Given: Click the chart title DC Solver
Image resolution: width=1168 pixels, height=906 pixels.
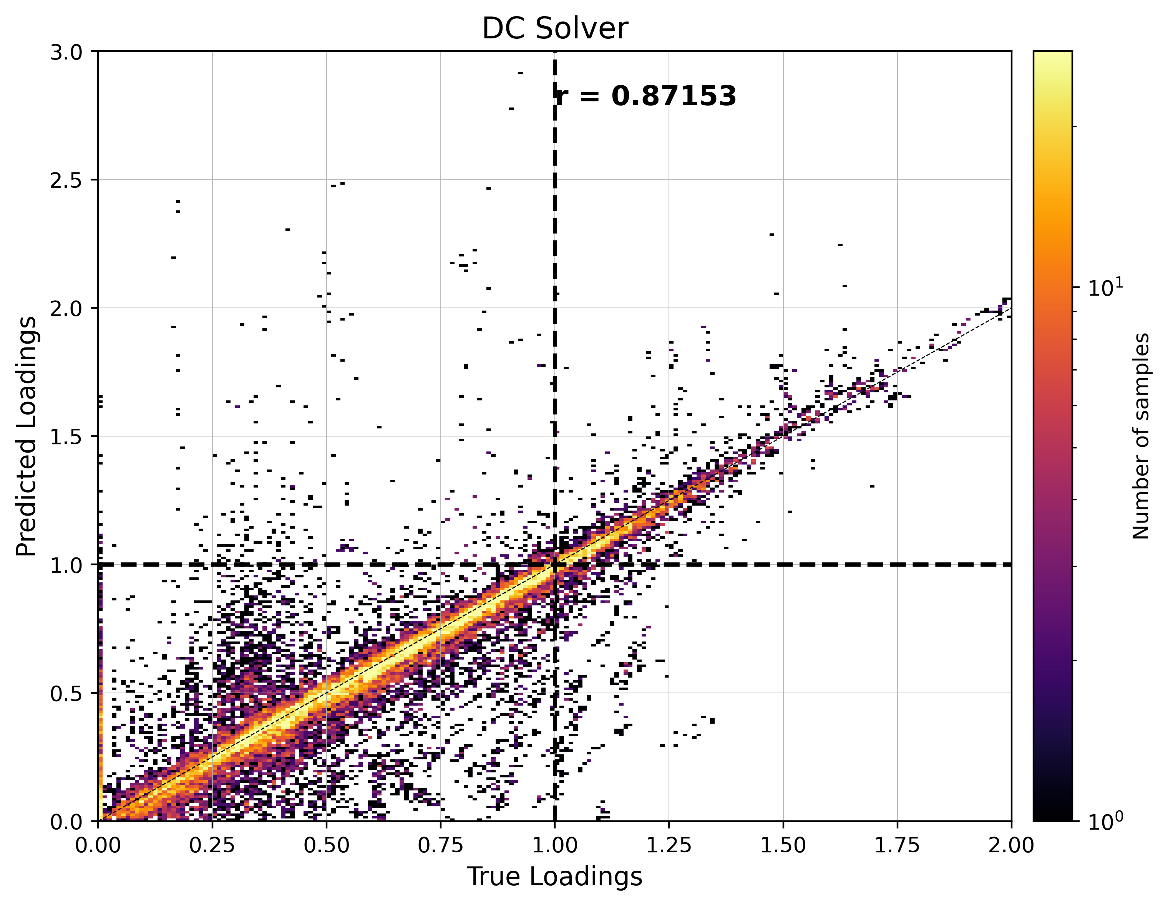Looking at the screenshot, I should [x=554, y=28].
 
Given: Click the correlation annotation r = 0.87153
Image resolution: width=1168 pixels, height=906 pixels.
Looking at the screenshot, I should [x=645, y=96].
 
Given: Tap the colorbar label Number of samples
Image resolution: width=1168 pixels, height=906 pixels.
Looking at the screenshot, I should [x=1140, y=436].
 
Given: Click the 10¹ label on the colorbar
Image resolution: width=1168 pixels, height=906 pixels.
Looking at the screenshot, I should [x=1105, y=288].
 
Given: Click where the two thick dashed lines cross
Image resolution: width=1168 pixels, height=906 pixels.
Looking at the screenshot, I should [x=554, y=564].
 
